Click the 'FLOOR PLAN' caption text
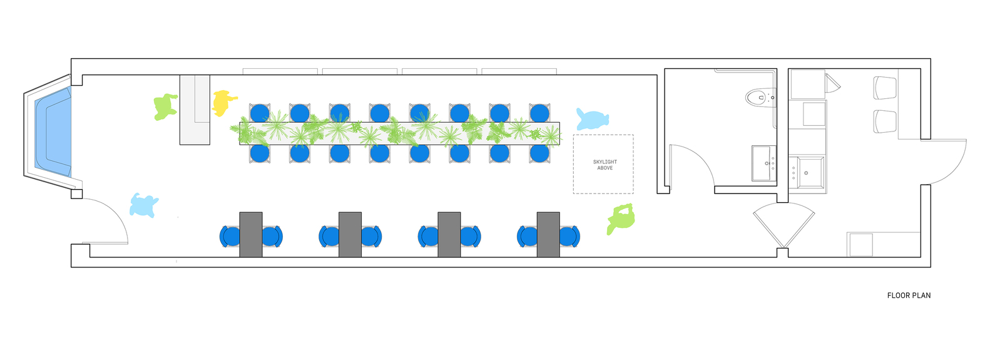pos(908,296)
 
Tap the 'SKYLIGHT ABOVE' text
pos(605,165)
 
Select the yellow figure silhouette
pos(223,102)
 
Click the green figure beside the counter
pos(165,106)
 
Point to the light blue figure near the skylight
pos(592,119)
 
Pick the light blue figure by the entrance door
pos(143,205)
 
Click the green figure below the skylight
pos(621,219)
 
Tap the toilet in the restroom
pos(758,97)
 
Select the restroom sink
pos(762,163)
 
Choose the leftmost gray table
pos(251,234)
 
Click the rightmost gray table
pos(548,234)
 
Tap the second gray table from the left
pos(350,234)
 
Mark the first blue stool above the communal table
pos(260,113)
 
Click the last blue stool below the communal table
pos(539,153)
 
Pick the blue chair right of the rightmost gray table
pos(569,236)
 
